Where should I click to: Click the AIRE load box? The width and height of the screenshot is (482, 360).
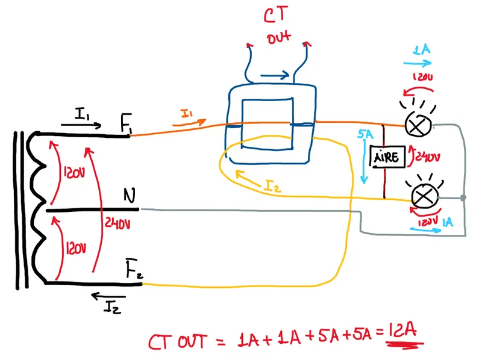tap(386, 157)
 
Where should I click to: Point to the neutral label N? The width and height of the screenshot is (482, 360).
tap(129, 196)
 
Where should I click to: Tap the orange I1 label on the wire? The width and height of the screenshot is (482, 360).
tap(187, 113)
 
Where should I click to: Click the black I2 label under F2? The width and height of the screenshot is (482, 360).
tap(112, 308)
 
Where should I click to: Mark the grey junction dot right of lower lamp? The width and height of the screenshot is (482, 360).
tap(462, 197)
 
